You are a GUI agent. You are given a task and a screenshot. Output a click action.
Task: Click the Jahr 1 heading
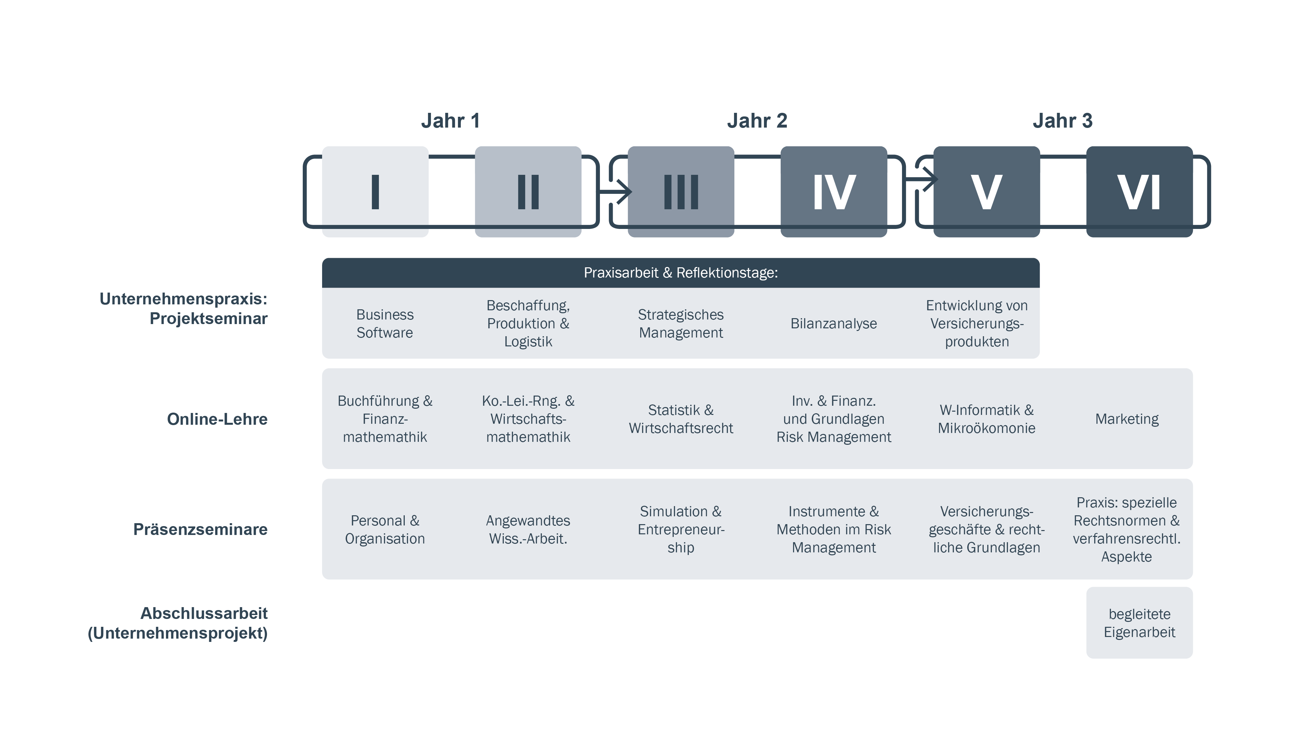(x=450, y=121)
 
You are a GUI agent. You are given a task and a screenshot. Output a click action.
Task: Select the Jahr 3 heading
(x=1062, y=121)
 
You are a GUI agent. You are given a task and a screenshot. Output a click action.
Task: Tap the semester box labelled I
(x=375, y=192)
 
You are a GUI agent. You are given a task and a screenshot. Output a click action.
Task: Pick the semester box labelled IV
(x=834, y=192)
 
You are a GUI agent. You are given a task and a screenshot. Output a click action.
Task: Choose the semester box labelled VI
(x=1139, y=192)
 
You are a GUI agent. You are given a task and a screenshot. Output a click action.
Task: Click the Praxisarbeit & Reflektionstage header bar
(x=681, y=273)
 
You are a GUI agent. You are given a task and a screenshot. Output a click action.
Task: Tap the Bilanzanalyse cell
(x=834, y=323)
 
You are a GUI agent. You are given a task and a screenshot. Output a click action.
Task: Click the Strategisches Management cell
(x=681, y=323)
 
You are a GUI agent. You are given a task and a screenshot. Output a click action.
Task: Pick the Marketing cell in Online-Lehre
(x=1127, y=419)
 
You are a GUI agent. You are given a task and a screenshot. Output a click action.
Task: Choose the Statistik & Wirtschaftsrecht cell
(x=681, y=419)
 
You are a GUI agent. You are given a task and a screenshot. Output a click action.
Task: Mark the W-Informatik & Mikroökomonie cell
(x=987, y=419)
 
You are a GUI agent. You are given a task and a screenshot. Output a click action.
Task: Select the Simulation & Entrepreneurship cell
(x=681, y=529)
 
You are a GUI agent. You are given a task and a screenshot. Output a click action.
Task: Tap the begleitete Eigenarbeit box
(x=1139, y=623)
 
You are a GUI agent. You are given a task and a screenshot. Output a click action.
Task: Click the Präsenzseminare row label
(x=200, y=529)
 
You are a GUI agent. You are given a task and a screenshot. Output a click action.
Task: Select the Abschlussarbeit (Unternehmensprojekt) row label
(x=178, y=623)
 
